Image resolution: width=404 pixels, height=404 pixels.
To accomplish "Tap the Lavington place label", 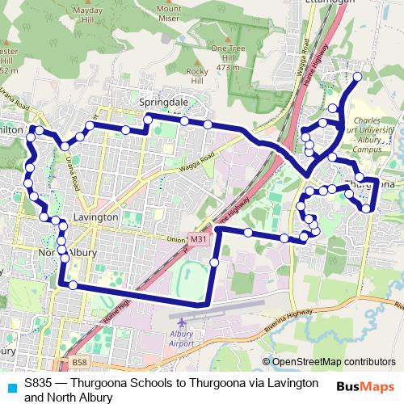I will [95, 217].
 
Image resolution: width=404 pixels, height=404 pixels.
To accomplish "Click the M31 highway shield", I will [199, 239].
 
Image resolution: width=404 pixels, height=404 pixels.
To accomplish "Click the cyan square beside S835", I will [11, 382].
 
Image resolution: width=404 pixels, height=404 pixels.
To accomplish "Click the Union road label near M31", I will [175, 240].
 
